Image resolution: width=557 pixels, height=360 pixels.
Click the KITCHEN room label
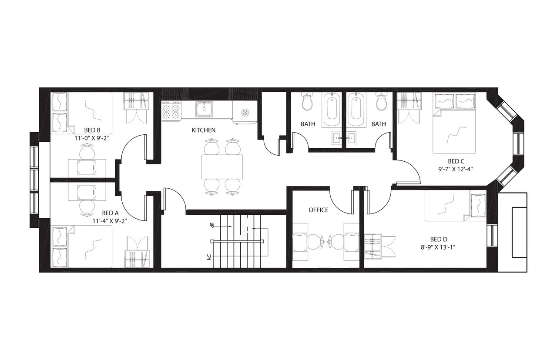[x=203, y=130]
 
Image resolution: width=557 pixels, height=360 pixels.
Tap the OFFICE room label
[x=318, y=210]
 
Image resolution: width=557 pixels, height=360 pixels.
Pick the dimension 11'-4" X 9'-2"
[x=110, y=220]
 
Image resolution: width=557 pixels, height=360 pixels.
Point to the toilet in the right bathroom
[x=382, y=101]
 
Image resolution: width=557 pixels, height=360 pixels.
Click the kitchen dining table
[x=221, y=167]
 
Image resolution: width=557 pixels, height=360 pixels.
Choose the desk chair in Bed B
[x=86, y=152]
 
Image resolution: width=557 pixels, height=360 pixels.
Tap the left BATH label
[x=308, y=124]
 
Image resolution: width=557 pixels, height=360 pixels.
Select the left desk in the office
[x=300, y=241]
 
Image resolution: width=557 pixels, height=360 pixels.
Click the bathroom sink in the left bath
[x=336, y=138]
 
